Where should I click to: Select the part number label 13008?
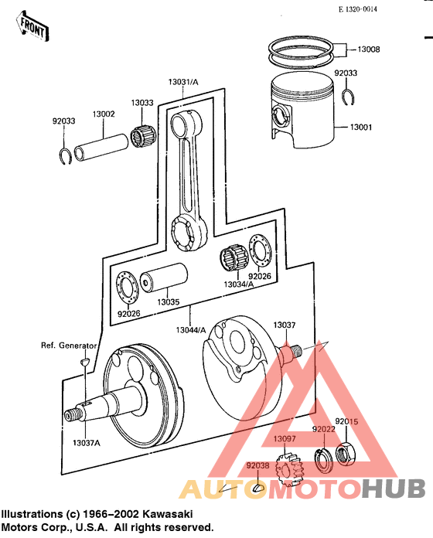pos(368,49)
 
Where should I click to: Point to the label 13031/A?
pos(182,82)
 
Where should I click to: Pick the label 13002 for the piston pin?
pos(104,114)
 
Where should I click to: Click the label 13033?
pos(141,102)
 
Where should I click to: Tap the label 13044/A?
pos(191,330)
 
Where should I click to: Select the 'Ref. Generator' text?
pos(69,346)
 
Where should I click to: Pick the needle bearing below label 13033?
pos(142,139)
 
